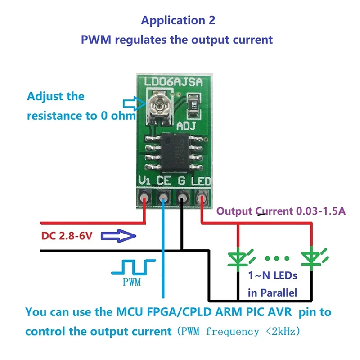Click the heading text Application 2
178,20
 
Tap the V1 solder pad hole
145,198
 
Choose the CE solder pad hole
162,198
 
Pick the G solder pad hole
182,198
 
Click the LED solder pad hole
201,198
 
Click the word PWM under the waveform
131,283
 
